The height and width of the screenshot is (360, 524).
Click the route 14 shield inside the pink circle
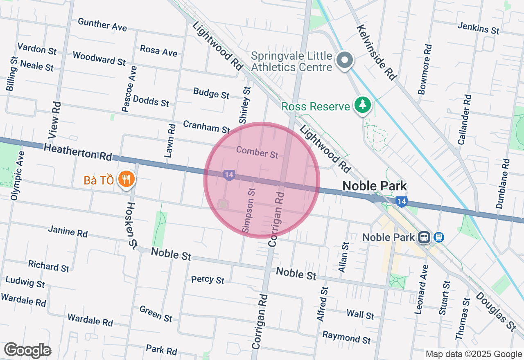(229, 175)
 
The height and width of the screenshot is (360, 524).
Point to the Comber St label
(257, 152)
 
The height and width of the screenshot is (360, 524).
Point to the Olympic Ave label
(18, 175)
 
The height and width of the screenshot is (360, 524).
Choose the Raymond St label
(346, 337)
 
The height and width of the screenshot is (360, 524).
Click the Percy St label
(208, 280)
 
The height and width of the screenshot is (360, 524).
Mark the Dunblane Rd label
(502, 184)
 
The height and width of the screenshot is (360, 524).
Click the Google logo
(27, 350)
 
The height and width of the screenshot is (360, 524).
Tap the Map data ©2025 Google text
(473, 354)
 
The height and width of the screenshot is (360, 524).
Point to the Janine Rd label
(68, 231)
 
